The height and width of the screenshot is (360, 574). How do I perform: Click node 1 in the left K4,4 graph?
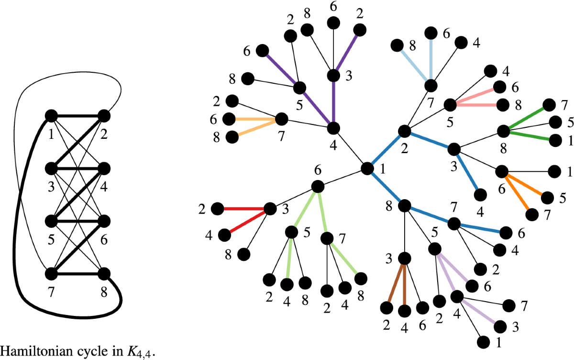coord(51,116)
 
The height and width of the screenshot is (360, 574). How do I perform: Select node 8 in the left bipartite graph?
coord(104,274)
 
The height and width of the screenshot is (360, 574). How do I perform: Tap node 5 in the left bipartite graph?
coord(51,221)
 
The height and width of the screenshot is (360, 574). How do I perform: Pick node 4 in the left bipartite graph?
coord(104,169)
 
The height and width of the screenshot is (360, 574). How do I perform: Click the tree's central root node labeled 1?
coord(367,169)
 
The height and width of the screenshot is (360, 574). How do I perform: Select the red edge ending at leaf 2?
coord(243,209)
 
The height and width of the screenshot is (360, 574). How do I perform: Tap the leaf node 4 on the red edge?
coord(223,235)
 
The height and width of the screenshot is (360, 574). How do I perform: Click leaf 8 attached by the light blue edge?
coord(397,46)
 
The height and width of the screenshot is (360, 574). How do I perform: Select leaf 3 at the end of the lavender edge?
coord(500,326)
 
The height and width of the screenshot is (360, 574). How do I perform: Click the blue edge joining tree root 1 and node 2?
coord(386,149)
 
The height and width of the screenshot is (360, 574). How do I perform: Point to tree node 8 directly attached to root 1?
coord(404,206)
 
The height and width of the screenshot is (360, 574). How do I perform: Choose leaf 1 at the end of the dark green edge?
coord(555,141)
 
